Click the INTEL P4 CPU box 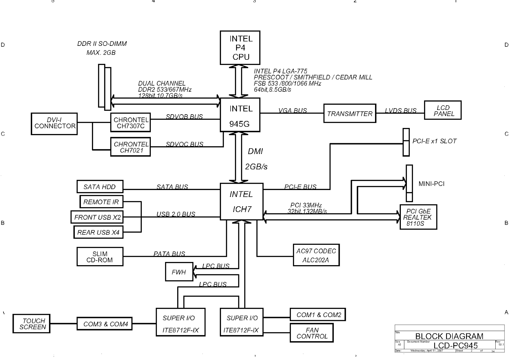[x=240, y=48]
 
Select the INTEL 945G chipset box [x=240, y=115]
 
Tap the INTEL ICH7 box [x=241, y=201]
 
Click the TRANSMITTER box [x=350, y=113]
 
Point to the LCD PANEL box [x=443, y=110]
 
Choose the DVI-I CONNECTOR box [x=54, y=124]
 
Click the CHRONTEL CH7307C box [x=130, y=123]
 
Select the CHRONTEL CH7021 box [x=130, y=147]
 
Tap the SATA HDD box [x=100, y=187]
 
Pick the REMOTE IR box [x=101, y=202]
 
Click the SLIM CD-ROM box [x=100, y=257]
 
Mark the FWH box [x=179, y=272]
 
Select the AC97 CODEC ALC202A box [x=316, y=255]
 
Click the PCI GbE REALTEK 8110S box [x=418, y=217]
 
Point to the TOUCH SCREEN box [x=31, y=324]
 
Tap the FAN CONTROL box [x=312, y=333]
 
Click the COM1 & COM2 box [x=317, y=314]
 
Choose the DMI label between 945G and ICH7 [x=255, y=152]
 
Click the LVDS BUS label [x=400, y=110]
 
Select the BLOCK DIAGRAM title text [x=449, y=336]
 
